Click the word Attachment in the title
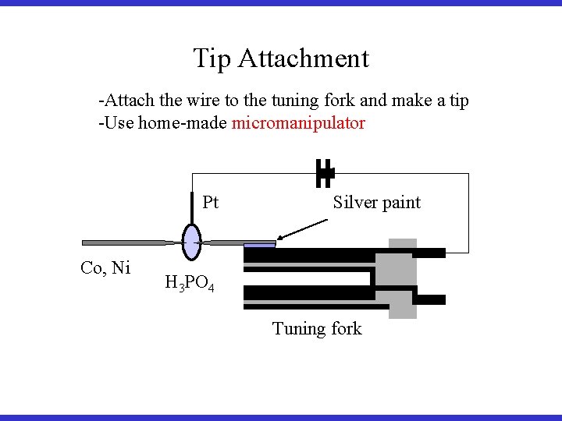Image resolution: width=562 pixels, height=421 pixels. pos(304,58)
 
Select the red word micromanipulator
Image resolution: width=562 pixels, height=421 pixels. pos(298,123)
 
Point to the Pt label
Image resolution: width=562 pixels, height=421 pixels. pos(211,203)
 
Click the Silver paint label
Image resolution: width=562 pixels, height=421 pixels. pos(376,203)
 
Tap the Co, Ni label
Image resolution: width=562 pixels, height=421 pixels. pos(105,268)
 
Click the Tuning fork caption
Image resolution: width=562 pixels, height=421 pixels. pos(317,329)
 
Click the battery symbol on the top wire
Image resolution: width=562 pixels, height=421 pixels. pos(324,174)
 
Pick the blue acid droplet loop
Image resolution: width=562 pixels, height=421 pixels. pos(191,242)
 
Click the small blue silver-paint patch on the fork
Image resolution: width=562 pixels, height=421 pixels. pos(260,245)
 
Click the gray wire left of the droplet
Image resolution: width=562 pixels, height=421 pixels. pos(125,242)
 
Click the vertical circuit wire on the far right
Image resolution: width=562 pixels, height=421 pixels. pos(468,213)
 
